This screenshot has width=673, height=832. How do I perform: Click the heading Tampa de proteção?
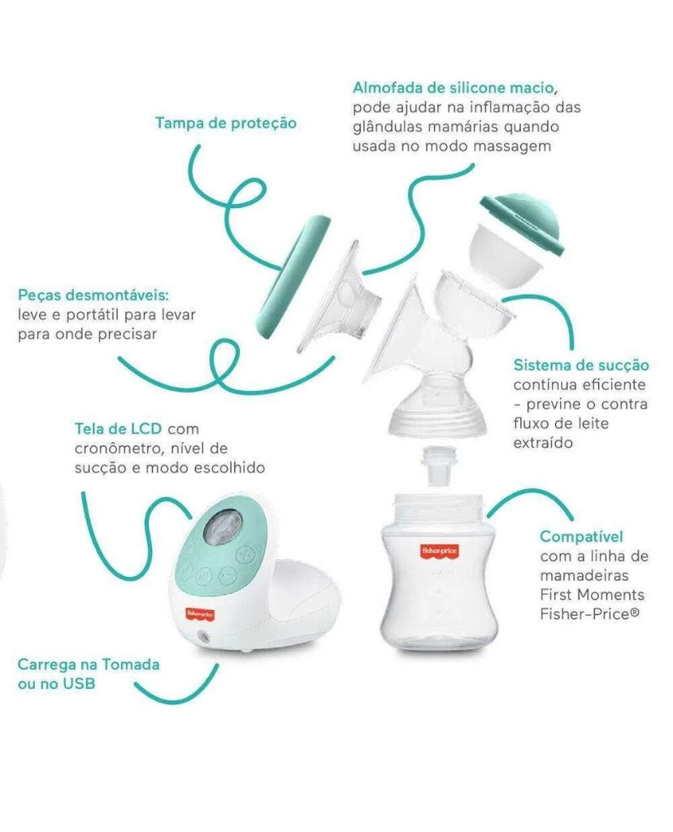[226, 123]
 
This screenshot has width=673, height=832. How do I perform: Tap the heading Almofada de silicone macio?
[454, 88]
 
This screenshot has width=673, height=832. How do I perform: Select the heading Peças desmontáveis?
[93, 296]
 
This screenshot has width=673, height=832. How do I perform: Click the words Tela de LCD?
[118, 429]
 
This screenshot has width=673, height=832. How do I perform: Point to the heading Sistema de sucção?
[581, 366]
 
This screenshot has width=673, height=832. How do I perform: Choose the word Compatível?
[581, 537]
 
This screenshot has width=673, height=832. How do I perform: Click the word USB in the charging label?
[80, 684]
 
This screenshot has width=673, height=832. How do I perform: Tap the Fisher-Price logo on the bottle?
[439, 551]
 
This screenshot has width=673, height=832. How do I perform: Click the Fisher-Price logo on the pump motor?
[200, 614]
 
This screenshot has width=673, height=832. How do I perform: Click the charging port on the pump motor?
[202, 637]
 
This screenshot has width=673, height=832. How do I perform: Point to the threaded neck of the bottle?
[439, 507]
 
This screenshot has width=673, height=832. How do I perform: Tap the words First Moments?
[592, 595]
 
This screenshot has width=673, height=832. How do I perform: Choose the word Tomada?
[131, 665]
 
